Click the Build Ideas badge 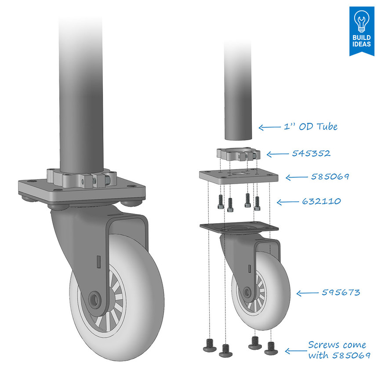click(361, 31)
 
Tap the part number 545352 click(311, 154)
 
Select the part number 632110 click(321, 201)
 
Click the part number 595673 click(341, 293)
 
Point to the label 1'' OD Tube click(311, 127)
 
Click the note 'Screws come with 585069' click(337, 350)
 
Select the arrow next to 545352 click(276, 154)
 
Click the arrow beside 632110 click(287, 202)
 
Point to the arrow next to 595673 click(307, 293)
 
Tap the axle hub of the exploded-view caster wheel click(247, 291)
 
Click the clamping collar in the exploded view click(238, 155)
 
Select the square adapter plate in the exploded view click(238, 176)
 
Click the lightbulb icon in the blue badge click(361, 20)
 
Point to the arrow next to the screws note click(295, 351)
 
